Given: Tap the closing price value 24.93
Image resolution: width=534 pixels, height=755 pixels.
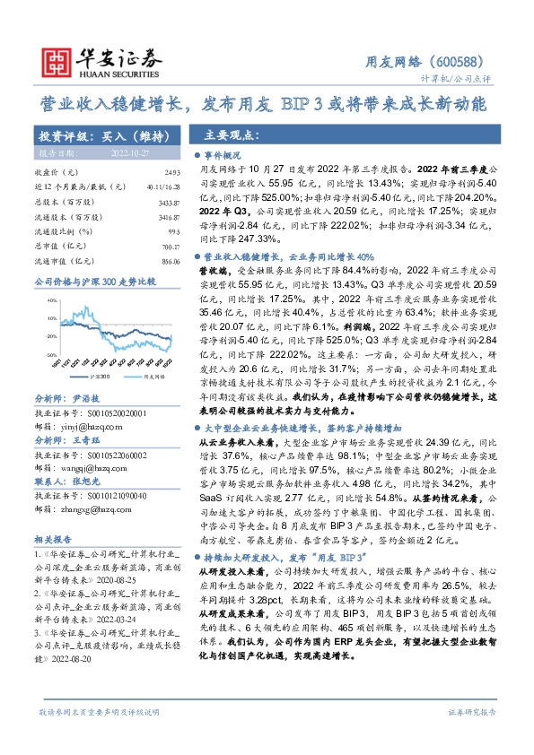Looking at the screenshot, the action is [172, 171].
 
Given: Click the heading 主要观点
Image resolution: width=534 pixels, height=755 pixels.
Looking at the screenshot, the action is [228, 136].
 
